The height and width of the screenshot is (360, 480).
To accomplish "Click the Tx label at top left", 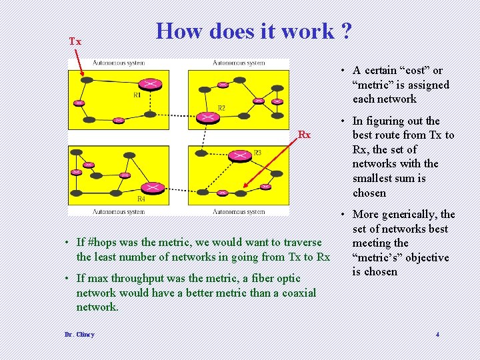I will point(75,42).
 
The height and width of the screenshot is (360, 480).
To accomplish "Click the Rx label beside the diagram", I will point(304,135).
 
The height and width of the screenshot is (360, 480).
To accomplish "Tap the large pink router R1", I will point(151,85).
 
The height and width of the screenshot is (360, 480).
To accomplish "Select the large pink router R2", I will point(208,117).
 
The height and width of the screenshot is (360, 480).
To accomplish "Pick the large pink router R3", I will point(239,155).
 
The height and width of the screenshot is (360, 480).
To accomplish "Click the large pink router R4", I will point(153,188).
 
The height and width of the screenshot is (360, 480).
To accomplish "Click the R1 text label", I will point(137,95).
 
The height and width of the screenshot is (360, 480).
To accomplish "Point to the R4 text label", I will point(141,199).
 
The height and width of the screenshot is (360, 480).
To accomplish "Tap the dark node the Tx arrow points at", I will point(86,80).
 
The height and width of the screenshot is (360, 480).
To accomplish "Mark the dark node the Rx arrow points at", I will point(239,193).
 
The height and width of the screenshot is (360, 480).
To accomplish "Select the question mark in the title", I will point(345,31).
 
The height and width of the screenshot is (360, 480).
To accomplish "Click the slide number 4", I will point(437,334).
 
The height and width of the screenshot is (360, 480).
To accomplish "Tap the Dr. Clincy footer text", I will point(80,334).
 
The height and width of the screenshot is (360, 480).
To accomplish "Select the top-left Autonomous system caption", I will point(119,63).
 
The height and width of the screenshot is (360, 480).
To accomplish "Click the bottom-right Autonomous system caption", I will point(239,211).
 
